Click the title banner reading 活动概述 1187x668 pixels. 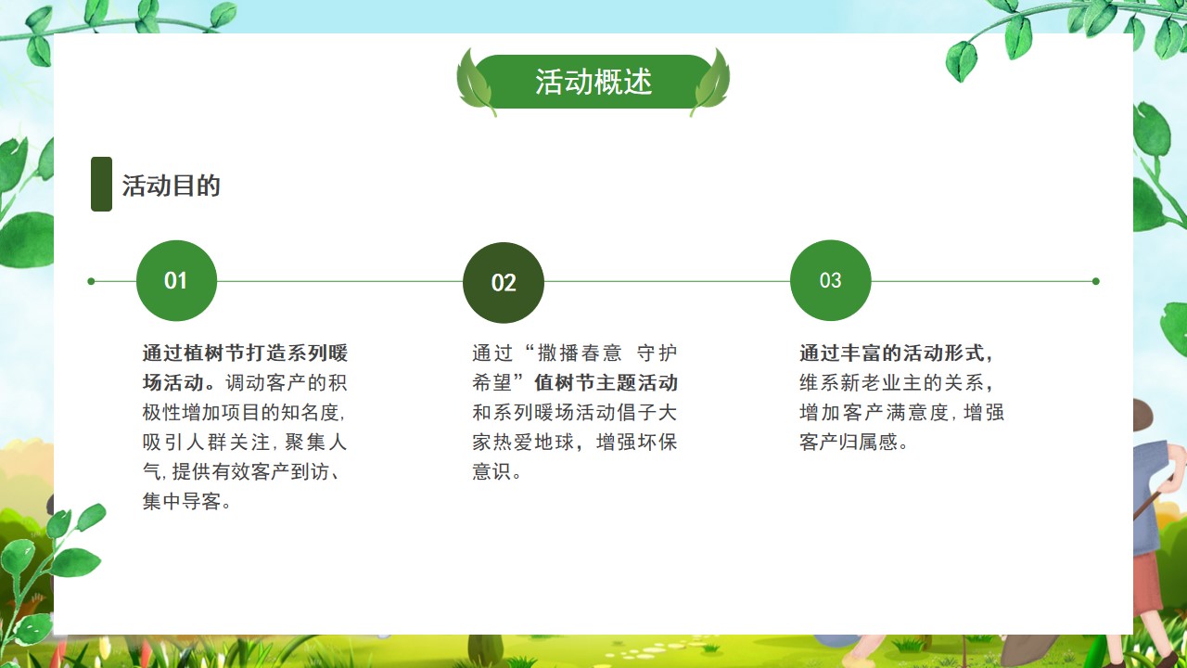pos(593,82)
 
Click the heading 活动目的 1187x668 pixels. pos(171,186)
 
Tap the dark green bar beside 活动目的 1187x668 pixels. pos(101,184)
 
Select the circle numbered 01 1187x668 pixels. pos(176,280)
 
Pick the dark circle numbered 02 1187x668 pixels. pos(504,283)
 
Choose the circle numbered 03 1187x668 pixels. pos(830,280)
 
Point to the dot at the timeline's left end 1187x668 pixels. pos(91,281)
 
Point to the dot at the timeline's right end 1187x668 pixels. pos(1096,281)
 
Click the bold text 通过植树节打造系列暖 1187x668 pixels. pos(245,353)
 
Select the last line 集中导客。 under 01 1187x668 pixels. pos(186,502)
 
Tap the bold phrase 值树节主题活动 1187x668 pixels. pos(606,383)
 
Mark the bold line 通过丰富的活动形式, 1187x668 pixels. pos(896,353)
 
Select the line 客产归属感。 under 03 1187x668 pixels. pos(853,443)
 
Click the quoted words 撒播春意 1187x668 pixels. pos(580,353)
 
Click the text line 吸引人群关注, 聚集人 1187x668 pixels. pos(244,443)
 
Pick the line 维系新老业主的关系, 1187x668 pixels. pos(896,383)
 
